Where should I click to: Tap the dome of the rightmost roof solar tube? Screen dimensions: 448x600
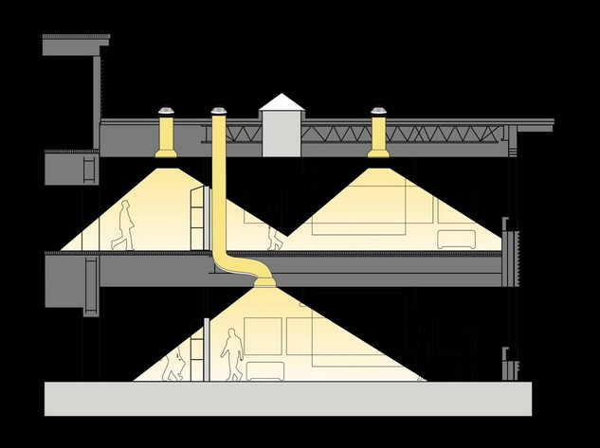point(380,110)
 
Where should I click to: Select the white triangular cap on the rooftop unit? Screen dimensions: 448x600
point(282,102)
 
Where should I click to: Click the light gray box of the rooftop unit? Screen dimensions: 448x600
point(282,134)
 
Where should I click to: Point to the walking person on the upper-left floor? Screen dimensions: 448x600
point(123,227)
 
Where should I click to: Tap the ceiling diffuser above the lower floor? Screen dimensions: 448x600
point(263,281)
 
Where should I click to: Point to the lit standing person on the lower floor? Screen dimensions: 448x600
point(230,353)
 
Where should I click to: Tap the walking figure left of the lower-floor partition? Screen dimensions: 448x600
point(174,365)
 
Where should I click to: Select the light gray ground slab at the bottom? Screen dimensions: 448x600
point(284,399)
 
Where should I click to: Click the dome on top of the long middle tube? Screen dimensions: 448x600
point(220,110)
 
